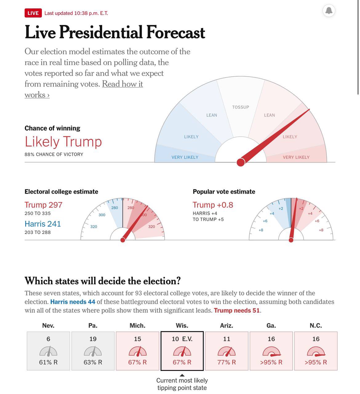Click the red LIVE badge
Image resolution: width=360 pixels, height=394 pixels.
(x=33, y=13)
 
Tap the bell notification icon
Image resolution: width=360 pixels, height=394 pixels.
(x=329, y=10)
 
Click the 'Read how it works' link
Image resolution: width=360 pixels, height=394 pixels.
(x=122, y=84)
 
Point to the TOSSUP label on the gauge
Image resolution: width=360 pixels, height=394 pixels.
(x=241, y=107)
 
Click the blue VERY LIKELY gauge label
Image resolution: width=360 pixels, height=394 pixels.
(x=185, y=157)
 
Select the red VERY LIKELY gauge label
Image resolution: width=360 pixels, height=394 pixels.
(x=296, y=157)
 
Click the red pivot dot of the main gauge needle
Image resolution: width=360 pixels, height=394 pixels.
(x=241, y=162)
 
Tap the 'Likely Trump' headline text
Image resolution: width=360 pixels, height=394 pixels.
(x=63, y=142)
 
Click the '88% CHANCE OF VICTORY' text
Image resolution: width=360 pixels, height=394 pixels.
(x=54, y=155)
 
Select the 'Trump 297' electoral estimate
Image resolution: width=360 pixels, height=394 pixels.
(x=43, y=205)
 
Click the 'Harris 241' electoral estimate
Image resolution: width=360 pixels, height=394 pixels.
(x=43, y=224)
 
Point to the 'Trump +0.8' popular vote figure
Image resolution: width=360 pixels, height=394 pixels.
(x=213, y=205)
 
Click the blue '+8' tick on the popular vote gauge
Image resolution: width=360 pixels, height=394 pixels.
(x=261, y=230)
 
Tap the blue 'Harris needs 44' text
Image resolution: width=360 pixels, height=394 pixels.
(x=73, y=302)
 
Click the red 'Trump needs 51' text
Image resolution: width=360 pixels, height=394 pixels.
(x=237, y=311)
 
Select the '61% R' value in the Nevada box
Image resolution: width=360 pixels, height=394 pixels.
(x=48, y=362)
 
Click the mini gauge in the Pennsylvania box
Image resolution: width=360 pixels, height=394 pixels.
(x=93, y=351)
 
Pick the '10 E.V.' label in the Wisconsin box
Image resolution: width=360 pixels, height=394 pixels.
(x=182, y=339)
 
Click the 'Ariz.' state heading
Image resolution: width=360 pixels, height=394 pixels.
(x=226, y=326)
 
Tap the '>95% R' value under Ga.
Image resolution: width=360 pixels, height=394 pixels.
(x=271, y=362)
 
